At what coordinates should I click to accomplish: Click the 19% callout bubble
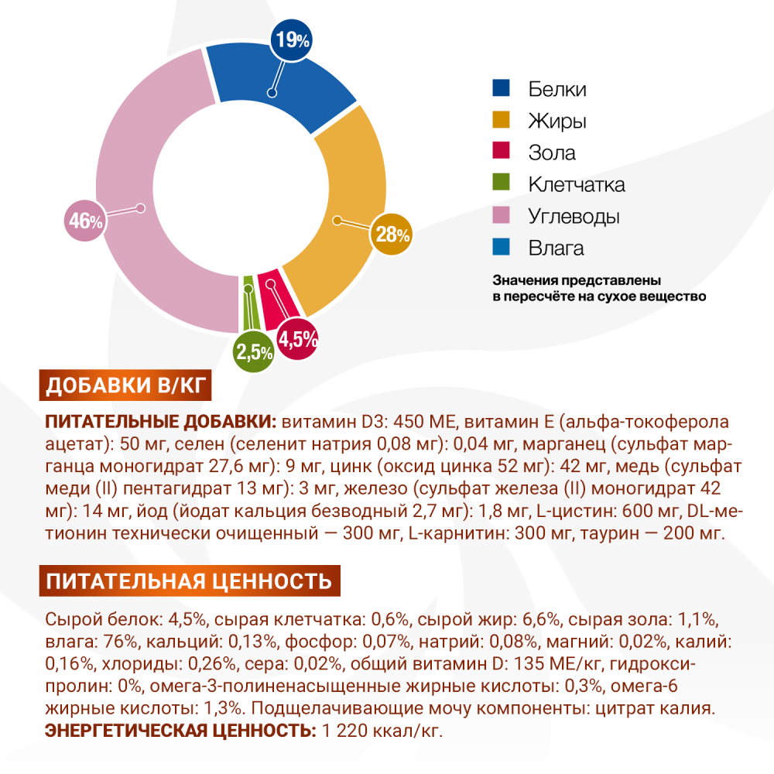coord(292,39)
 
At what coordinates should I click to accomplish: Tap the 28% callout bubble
coord(392,233)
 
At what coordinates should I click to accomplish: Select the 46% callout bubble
coord(84,221)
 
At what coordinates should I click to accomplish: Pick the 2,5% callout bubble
coord(254,353)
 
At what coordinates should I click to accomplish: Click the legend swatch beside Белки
coord(502,88)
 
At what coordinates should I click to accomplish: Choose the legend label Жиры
coord(557,121)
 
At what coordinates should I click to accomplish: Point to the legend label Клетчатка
coord(577,184)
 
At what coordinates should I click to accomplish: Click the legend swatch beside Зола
coord(502,152)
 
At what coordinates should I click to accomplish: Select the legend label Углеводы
coord(574,216)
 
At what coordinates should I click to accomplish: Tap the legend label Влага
coord(557,248)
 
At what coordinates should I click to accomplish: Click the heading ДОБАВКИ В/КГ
coord(125,386)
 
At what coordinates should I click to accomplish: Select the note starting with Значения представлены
coord(599,288)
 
